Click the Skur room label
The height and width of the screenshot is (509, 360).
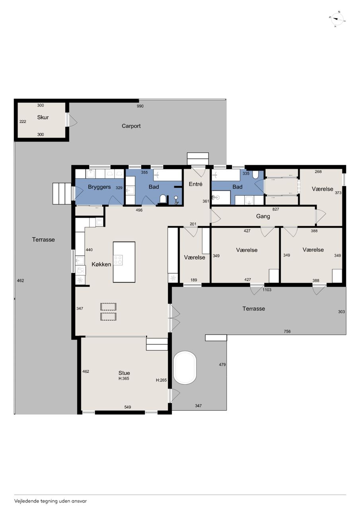pos(43,117)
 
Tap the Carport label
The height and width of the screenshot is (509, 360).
pos(131,126)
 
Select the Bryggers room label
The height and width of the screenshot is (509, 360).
pos(99,187)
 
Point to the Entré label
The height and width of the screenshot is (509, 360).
pos(195,184)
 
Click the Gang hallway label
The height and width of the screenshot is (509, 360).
pos(263,216)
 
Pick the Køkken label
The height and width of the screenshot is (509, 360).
pos(101,264)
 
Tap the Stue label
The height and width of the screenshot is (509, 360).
pos(124,373)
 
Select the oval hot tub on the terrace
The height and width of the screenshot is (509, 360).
pos(185,368)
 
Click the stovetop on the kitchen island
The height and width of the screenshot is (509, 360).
pos(118,260)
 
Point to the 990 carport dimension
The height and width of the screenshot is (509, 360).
pos(140,106)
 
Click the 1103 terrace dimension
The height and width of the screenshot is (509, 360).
pos(267,290)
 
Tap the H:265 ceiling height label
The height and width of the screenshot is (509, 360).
pos(161,380)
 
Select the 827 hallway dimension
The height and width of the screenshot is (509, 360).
pos(275,209)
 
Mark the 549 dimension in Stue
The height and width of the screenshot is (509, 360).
pos(128,407)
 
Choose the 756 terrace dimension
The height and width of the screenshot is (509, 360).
pos(287,332)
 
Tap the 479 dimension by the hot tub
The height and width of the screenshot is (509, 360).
pos(222,365)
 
